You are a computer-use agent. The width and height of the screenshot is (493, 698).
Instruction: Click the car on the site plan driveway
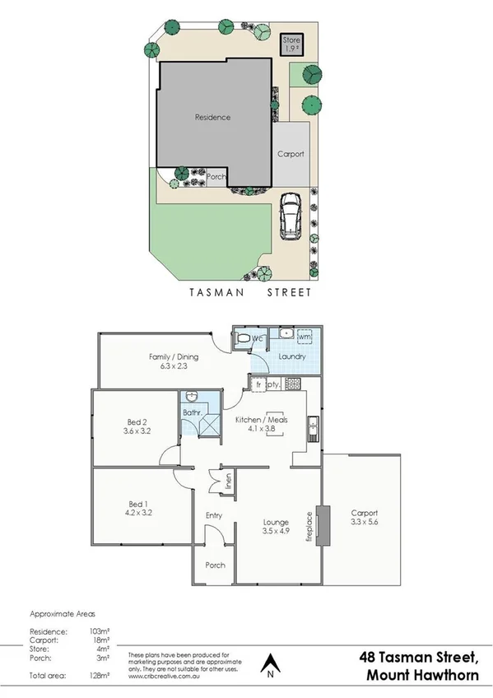[291, 216]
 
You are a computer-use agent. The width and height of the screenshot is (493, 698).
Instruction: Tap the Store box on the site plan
[292, 43]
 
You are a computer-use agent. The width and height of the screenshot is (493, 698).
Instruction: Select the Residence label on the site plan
[212, 117]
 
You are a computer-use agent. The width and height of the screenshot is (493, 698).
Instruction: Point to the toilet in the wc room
[243, 338]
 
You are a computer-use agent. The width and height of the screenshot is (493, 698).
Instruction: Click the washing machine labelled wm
[304, 337]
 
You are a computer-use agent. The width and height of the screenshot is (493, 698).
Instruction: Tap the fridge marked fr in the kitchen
[258, 384]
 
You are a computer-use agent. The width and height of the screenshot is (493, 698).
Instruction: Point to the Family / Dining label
[167, 356]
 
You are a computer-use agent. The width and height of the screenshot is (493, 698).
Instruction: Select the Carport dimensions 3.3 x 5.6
[363, 522]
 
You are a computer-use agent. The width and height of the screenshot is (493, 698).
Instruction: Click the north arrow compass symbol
[270, 663]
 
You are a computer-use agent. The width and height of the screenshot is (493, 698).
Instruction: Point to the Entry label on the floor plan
[213, 516]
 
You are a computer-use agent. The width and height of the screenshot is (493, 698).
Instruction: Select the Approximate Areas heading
[63, 614]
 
